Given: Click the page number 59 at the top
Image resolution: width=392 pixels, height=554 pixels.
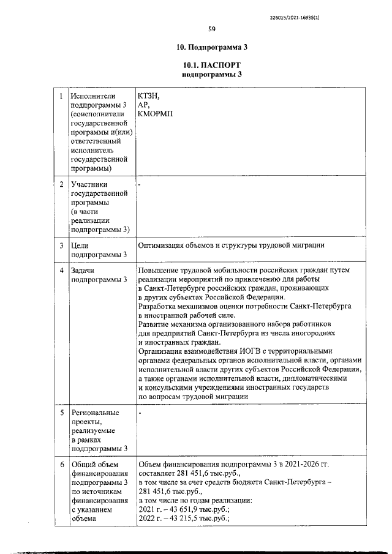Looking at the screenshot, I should click(211, 28).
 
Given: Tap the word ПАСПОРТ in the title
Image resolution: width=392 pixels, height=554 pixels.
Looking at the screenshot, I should click(219, 65).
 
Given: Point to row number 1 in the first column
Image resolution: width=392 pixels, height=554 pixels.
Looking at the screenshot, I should click(61, 96).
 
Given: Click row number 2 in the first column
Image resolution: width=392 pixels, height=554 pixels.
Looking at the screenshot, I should click(61, 184).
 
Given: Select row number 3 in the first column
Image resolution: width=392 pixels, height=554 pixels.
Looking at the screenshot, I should click(61, 245).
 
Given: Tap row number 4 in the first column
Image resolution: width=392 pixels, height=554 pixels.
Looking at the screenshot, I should click(61, 270).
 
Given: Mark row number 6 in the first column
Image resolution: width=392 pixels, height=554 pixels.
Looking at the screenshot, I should click(61, 465).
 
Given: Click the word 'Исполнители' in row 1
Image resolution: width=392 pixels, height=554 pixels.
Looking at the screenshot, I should click(93, 96).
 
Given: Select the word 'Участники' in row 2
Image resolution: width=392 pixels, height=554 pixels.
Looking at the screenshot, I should click(89, 184).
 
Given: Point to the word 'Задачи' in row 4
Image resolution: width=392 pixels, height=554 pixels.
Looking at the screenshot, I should click(85, 270).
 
